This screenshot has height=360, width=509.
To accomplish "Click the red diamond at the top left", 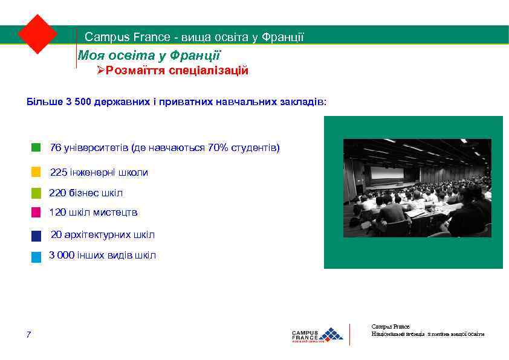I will (37, 34).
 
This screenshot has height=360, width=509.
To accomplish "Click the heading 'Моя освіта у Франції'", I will (149, 56).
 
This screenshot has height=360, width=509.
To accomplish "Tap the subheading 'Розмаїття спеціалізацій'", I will (177, 71).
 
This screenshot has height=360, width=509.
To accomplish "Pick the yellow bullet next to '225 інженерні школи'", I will (36, 173).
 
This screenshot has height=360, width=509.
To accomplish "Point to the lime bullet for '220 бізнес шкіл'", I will (36, 193).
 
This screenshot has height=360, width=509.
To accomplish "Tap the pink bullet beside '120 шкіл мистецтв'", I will (36, 213).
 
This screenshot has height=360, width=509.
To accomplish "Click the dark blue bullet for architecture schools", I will (36, 236).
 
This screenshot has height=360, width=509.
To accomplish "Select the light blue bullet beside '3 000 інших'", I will (36, 257).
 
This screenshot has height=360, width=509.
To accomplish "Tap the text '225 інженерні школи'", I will (99, 173).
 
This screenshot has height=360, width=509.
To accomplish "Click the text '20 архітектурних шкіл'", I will (103, 235).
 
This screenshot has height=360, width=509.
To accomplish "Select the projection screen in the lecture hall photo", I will (394, 175).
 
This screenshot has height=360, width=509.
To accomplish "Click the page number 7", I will (28, 335).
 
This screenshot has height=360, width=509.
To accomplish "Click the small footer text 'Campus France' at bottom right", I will (391, 326).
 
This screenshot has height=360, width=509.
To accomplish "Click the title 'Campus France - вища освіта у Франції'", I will (194, 37).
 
